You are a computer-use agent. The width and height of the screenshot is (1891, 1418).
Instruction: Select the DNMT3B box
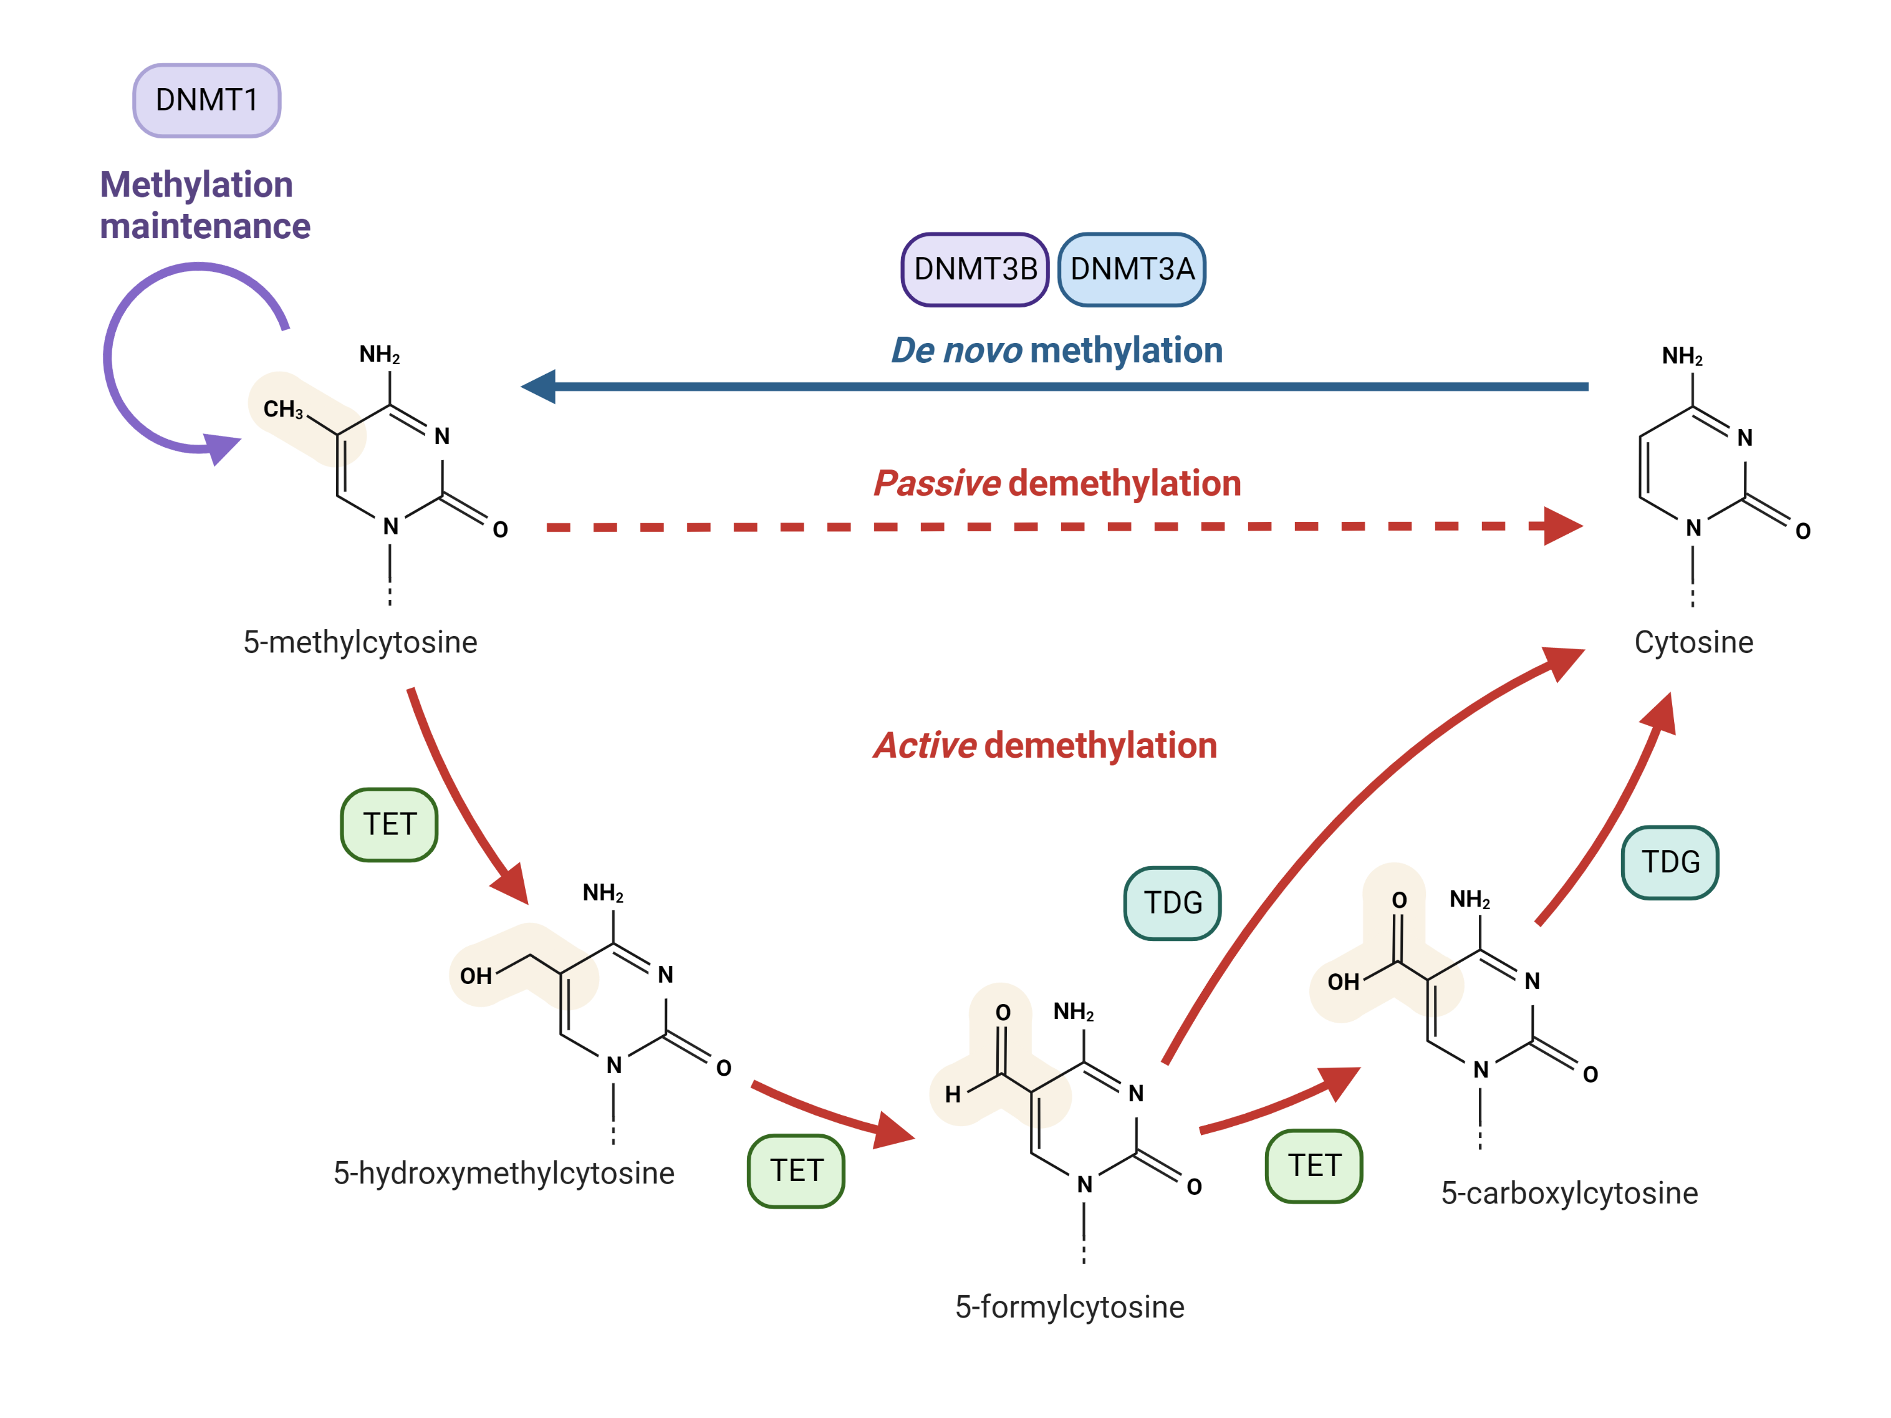coord(974,269)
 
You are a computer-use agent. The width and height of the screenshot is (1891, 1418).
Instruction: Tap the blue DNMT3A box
coord(1131,269)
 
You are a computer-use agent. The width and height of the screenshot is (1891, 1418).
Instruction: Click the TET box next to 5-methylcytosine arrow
coord(389,824)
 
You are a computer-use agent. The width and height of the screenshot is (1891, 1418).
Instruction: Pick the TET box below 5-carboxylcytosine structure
coord(1313,1165)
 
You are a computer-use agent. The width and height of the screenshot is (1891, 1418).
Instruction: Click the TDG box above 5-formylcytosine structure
coord(1172,902)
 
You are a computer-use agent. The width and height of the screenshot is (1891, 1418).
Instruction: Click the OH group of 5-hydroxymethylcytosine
coord(475,976)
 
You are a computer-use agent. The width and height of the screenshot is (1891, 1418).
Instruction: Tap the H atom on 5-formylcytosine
coord(952,1094)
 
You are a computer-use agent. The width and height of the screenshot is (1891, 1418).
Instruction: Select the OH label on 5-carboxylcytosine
coord(1343,982)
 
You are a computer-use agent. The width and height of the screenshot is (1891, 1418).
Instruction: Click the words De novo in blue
coord(956,350)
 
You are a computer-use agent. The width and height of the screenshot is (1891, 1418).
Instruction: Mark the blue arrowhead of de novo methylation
coord(539,387)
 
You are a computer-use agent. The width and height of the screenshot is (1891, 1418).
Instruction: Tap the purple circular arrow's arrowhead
coord(221,447)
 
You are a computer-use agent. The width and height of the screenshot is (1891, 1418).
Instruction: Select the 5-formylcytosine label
coord(1069,1307)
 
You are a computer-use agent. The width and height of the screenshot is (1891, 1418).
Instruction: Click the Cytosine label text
coord(1693,642)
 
